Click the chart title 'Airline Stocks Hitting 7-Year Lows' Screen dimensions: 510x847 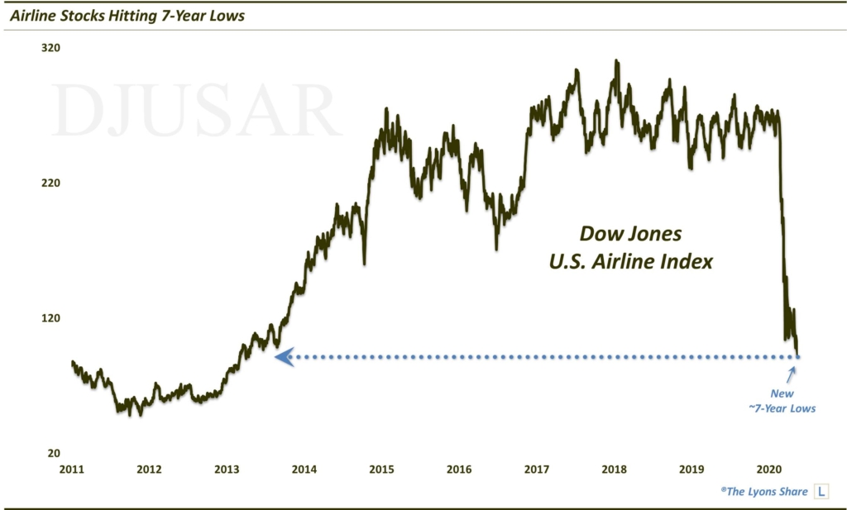[x=126, y=16]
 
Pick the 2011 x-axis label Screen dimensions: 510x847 [x=72, y=470]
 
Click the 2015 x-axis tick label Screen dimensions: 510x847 [x=381, y=470]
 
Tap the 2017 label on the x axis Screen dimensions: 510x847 [x=537, y=470]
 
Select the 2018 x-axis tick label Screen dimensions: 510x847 [x=614, y=470]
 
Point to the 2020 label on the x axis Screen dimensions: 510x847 [x=769, y=470]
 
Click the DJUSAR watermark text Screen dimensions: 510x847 [x=195, y=111]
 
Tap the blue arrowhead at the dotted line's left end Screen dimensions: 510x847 [x=283, y=357]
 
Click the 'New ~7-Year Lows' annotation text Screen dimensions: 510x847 [x=782, y=401]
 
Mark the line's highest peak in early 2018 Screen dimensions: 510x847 [x=615, y=61]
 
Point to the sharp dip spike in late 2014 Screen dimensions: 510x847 [x=365, y=262]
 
